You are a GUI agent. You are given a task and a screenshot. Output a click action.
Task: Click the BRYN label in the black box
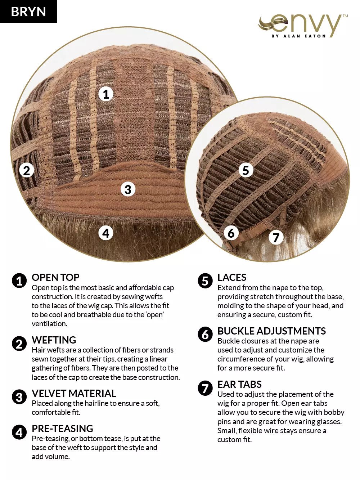(28, 12)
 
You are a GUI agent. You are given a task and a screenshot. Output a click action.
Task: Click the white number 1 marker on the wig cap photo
(106, 94)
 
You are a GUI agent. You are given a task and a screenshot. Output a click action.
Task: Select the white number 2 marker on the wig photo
(27, 170)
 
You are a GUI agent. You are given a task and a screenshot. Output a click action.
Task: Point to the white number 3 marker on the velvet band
(128, 189)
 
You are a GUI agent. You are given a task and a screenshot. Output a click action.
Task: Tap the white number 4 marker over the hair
(106, 233)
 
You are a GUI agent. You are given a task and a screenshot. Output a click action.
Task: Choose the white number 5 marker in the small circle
(246, 170)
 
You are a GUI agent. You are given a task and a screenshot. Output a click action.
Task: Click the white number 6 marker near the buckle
(231, 233)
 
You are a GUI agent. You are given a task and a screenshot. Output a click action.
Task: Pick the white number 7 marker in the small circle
(276, 238)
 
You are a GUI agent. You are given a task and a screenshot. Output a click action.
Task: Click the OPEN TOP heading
(55, 277)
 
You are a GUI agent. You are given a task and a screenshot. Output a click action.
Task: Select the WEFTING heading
(54, 340)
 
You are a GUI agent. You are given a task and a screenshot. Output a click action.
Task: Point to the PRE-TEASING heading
(63, 429)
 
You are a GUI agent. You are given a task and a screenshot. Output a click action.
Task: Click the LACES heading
(232, 277)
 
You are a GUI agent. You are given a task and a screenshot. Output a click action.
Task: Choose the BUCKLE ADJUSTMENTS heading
(271, 331)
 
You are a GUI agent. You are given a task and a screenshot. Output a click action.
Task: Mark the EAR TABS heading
(239, 384)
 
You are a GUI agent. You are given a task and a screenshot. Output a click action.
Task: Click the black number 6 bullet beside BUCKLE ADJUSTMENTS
(205, 334)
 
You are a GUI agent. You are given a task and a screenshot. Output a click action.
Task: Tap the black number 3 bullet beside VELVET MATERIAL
(19, 397)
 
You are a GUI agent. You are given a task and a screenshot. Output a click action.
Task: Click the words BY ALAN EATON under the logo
(298, 36)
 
